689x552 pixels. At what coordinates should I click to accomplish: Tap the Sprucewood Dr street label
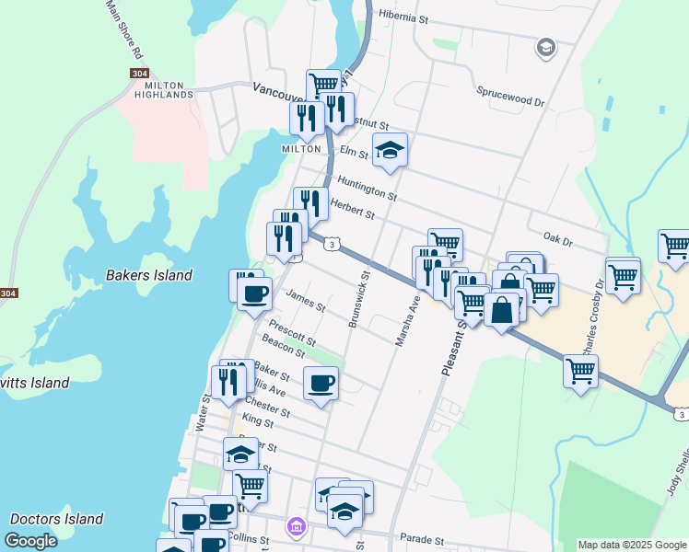click(x=510, y=93)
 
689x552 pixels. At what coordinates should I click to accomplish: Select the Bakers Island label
click(x=149, y=275)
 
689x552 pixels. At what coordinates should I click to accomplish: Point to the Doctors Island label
click(x=56, y=519)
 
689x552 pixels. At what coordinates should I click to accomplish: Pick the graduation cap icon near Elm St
click(x=390, y=149)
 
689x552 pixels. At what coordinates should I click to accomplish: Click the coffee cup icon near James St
click(x=254, y=294)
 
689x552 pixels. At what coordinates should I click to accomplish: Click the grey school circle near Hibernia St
click(x=545, y=47)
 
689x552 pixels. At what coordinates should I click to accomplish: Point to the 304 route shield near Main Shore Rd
click(x=136, y=74)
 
